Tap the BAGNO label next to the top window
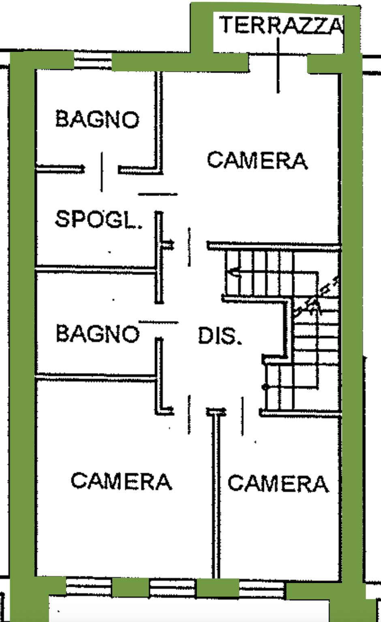pos(97,119)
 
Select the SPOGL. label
pos(98,219)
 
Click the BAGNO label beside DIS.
pos(97,333)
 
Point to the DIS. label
pos(219,336)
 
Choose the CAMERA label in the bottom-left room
pos(121,481)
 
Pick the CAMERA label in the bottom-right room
pos(278,483)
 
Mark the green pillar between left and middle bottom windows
pos(130,588)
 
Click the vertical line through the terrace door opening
pos(278,65)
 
